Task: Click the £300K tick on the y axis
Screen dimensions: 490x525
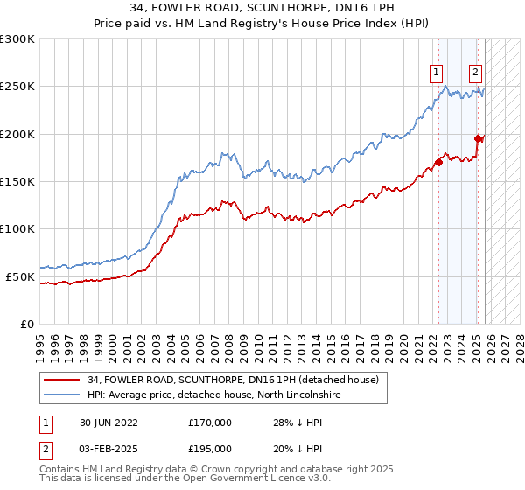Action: point(17,39)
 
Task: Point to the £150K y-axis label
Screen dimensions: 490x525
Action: point(17,182)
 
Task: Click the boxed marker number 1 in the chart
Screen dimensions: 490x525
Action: point(436,73)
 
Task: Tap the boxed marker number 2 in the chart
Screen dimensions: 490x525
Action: point(475,73)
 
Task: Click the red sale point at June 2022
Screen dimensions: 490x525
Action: point(438,162)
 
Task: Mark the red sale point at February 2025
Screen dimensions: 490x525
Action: point(478,138)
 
